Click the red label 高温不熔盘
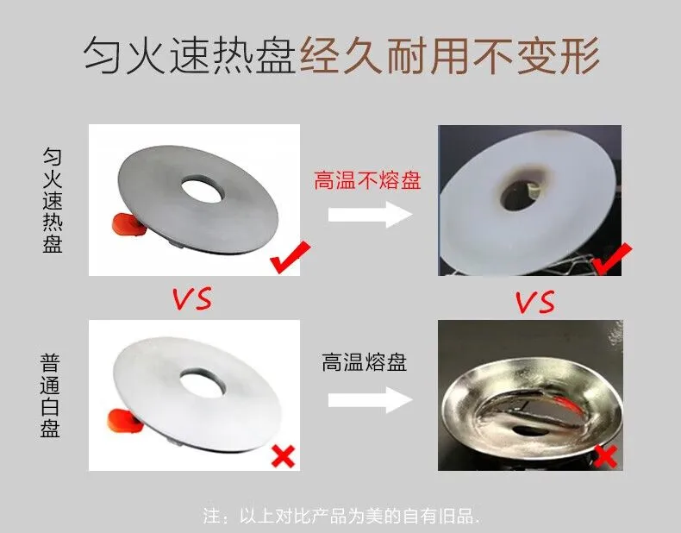coord(367,181)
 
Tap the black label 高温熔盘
coord(365,362)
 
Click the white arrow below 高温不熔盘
coord(370,214)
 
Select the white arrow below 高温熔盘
coord(370,400)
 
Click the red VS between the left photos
coord(192,298)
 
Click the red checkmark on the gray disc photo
coord(291,257)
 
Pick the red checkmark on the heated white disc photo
coord(612,259)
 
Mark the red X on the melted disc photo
coord(605,456)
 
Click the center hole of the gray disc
coord(203,189)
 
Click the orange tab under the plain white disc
coord(124,422)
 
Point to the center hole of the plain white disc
coord(203,382)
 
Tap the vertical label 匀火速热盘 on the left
coord(52,201)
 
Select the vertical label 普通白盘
coord(50,396)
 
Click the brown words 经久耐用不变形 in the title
coord(449,56)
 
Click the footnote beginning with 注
coord(342,516)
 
